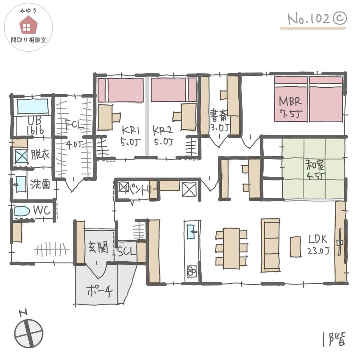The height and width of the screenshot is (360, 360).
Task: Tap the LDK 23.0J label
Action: (x=318, y=245)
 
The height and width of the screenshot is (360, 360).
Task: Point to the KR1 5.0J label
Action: (x=130, y=136)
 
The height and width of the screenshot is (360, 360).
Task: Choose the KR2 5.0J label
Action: (x=163, y=136)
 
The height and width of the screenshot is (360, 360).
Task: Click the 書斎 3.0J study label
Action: (x=219, y=121)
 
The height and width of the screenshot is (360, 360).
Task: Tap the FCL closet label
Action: (x=74, y=125)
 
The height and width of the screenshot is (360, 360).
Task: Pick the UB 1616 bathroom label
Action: (x=35, y=126)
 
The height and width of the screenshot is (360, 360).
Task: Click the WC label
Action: (x=42, y=210)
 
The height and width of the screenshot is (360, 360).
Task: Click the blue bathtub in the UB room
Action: (x=33, y=106)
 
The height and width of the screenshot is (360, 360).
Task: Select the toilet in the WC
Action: (x=22, y=211)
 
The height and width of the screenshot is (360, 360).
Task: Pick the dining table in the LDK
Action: (x=231, y=248)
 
